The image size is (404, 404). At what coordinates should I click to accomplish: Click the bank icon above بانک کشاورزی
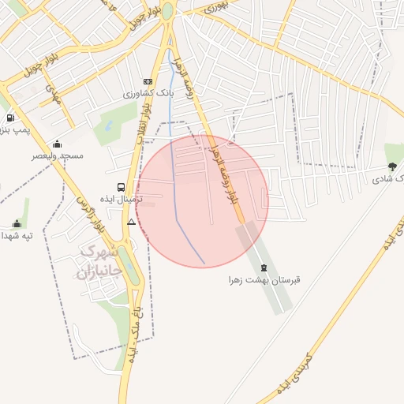pos(148,82)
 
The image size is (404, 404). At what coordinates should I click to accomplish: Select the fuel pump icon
pos(9,118)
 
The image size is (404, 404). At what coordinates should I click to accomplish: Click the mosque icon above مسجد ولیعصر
pos(57,144)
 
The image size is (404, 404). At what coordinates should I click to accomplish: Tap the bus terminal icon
pos(120,187)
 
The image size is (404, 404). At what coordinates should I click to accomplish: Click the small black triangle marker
pos(131,223)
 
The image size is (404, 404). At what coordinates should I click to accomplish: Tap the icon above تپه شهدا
pos(17,223)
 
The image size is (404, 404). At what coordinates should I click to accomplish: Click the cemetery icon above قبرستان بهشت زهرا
pos(264,267)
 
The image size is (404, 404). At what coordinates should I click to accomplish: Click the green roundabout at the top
pos(167,10)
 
